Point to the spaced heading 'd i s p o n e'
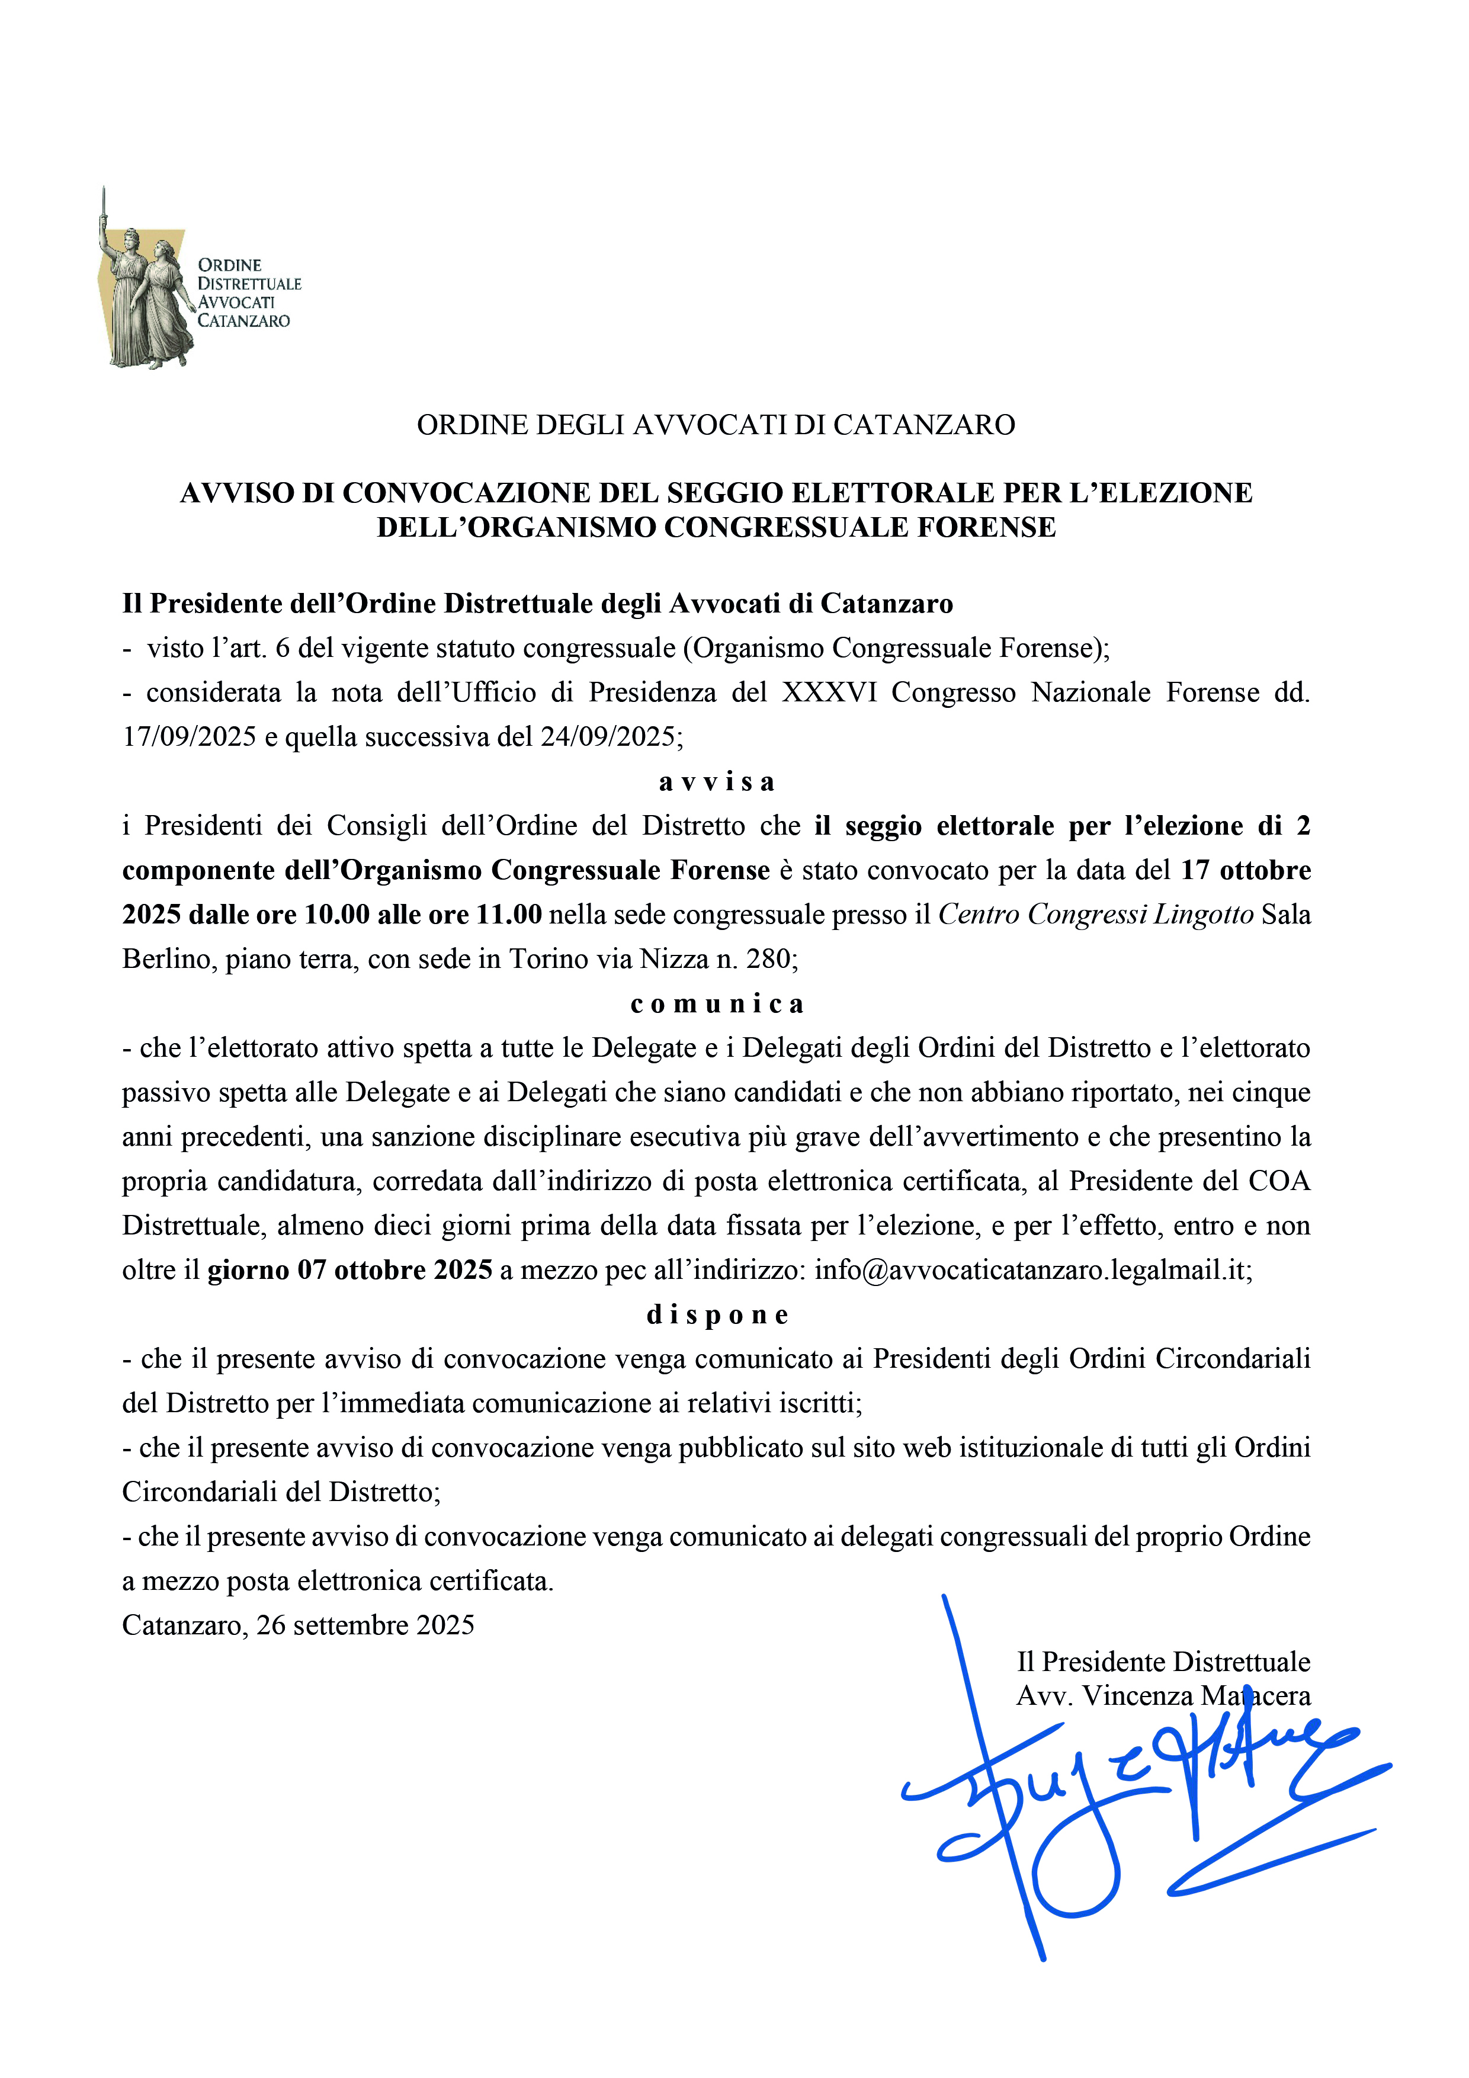point(716,1315)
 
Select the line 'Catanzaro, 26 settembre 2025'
point(298,1625)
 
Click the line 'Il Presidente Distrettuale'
point(1163,1662)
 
